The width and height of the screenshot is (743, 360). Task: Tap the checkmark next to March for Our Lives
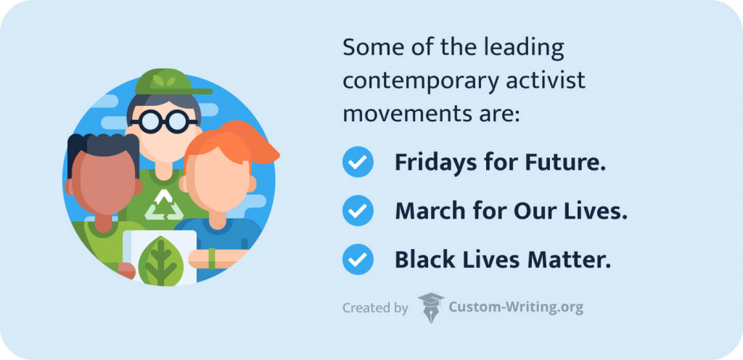click(x=357, y=211)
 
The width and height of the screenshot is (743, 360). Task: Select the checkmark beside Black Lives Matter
click(x=357, y=259)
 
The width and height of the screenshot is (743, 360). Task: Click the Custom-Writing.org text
click(x=516, y=307)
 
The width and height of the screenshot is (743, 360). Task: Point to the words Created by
click(x=375, y=308)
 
